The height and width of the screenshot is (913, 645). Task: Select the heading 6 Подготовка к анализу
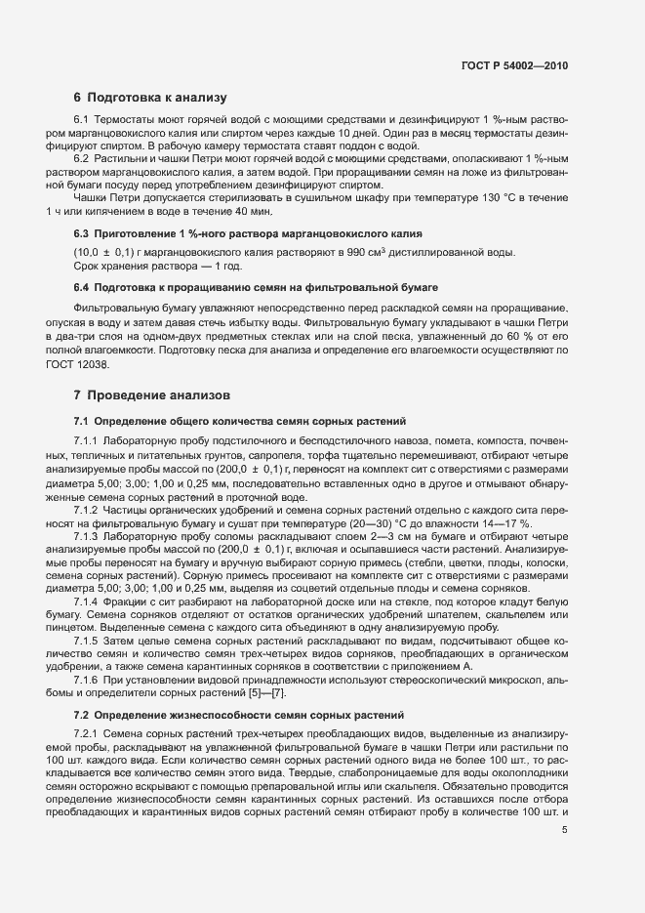coord(149,98)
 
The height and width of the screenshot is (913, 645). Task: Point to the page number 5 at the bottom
coord(565,831)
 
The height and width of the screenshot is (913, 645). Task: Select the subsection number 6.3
coord(82,234)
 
